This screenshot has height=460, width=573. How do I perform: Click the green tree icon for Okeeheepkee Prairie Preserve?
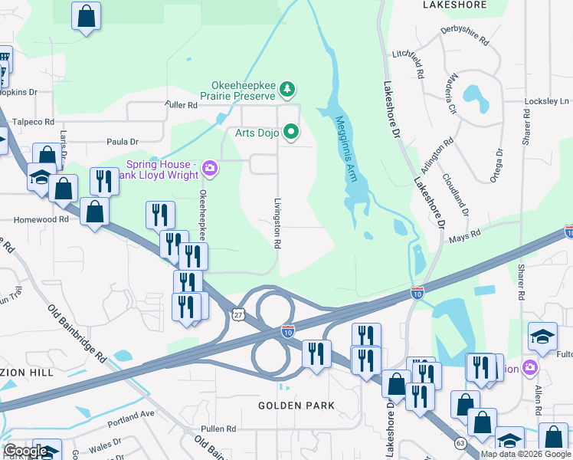tap(287, 90)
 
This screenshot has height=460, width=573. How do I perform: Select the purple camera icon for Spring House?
tap(209, 168)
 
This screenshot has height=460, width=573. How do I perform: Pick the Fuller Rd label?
tap(181, 104)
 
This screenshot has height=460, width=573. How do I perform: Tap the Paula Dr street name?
tap(123, 142)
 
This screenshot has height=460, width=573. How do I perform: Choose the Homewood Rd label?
tap(41, 219)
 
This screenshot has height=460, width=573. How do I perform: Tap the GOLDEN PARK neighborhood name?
tap(296, 405)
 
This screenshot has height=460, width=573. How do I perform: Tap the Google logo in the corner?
tap(25, 451)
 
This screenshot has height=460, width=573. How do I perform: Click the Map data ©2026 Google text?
tap(525, 454)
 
